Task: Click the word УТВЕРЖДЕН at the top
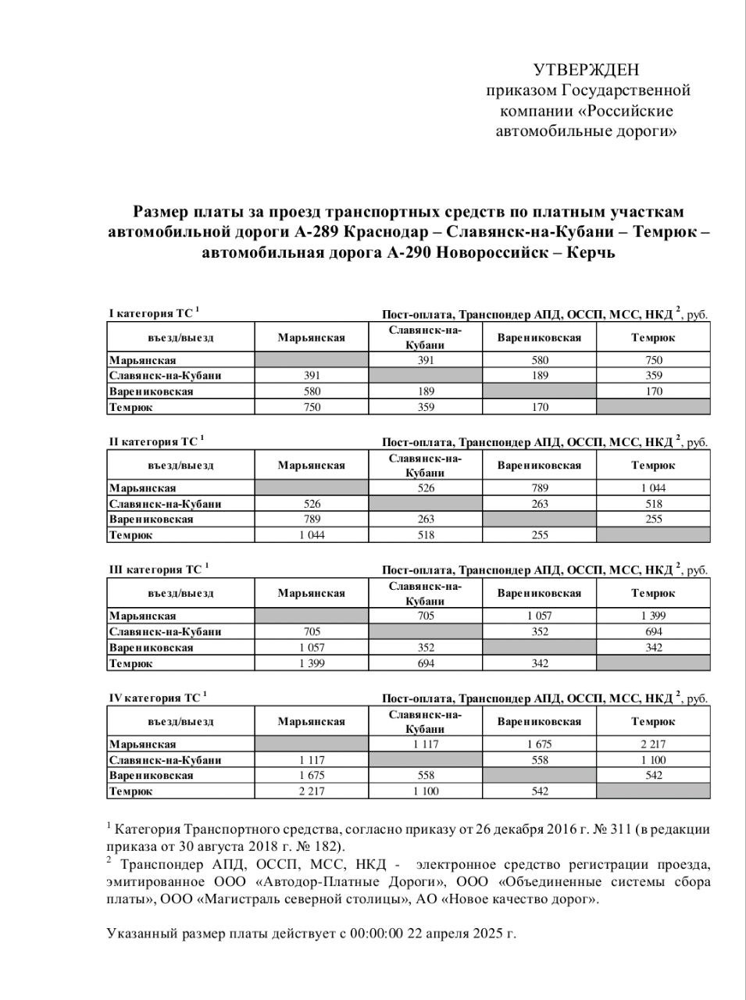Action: click(x=586, y=70)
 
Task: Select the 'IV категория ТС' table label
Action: click(x=153, y=698)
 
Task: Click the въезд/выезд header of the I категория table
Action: click(x=180, y=337)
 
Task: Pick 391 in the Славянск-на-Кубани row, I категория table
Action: click(x=311, y=376)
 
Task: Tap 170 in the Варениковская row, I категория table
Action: click(x=653, y=391)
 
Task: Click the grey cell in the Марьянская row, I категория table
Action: click(x=311, y=360)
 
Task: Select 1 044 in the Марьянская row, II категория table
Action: click(x=653, y=488)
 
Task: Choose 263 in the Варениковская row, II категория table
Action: click(x=425, y=520)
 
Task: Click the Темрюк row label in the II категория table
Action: click(x=131, y=535)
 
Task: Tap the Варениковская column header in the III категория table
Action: click(x=539, y=593)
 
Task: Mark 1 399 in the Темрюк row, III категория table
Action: click(x=311, y=663)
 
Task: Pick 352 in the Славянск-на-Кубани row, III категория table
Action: click(x=539, y=632)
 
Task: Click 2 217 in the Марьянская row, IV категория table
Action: click(x=653, y=745)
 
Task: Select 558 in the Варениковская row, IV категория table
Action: click(x=425, y=776)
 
